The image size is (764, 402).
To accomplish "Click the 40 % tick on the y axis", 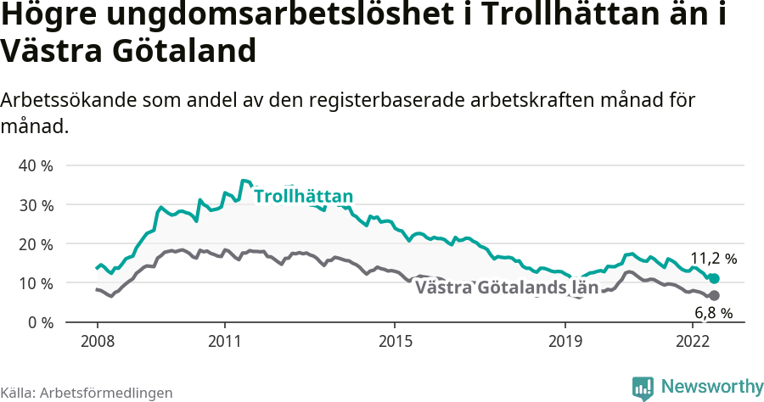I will click(35, 165).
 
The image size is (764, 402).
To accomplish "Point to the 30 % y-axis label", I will click(35, 205).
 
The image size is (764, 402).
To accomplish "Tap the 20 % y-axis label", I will click(35, 244).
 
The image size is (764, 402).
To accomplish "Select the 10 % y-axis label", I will click(35, 283).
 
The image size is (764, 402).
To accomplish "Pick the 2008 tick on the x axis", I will click(97, 342).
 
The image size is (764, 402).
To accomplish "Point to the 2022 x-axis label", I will click(693, 342).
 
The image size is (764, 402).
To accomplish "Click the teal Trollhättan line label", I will click(303, 198).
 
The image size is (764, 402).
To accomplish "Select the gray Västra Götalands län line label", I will click(507, 288).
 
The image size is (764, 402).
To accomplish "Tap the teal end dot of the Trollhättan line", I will click(714, 279).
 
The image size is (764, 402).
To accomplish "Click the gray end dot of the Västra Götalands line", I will click(714, 295).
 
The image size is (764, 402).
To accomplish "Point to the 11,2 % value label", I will click(713, 259).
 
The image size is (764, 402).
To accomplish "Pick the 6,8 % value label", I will click(713, 313).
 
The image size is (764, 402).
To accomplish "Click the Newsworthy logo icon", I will click(643, 388).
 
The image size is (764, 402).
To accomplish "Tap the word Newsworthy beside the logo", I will click(712, 387).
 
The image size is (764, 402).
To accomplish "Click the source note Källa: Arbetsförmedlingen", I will click(87, 393).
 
